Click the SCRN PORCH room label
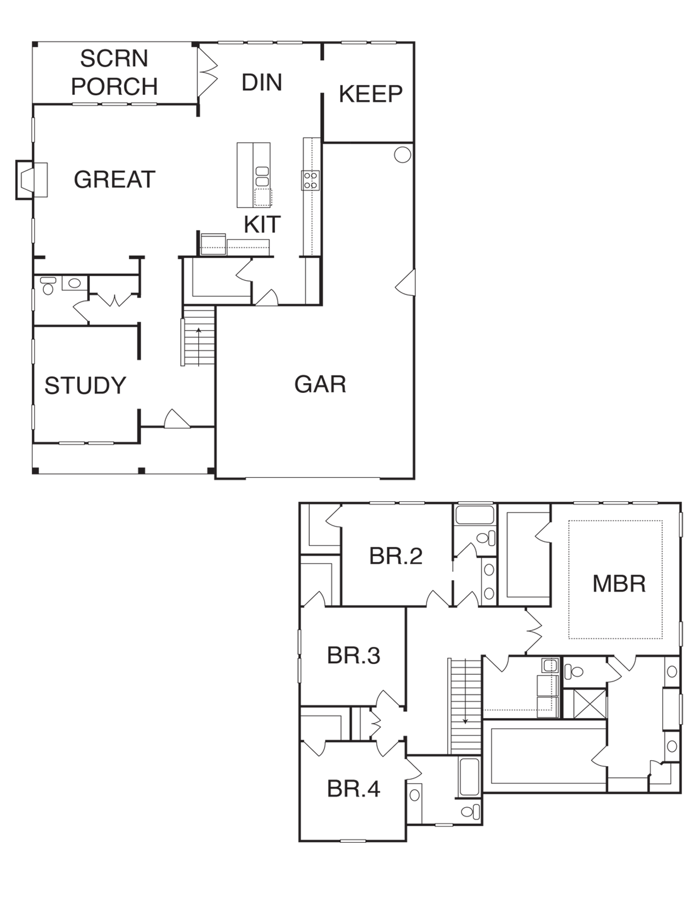pos(114,72)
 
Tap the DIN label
pos(262,82)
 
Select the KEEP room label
pos(371,94)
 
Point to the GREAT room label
pos(114,180)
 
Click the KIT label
pos(262,224)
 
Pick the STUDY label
pos(85,385)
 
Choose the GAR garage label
pos(320,384)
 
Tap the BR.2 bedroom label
pos(396,556)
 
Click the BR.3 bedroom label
pos(354,655)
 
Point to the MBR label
pos(619,583)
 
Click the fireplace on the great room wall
pos(31,180)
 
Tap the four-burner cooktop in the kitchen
pos(310,181)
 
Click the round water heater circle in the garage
pos(402,155)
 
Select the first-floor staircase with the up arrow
pos(199,336)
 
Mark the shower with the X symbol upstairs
pos(590,703)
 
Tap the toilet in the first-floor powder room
pos(48,286)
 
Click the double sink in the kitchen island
pos(262,177)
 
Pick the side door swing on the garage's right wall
pos(405,282)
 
